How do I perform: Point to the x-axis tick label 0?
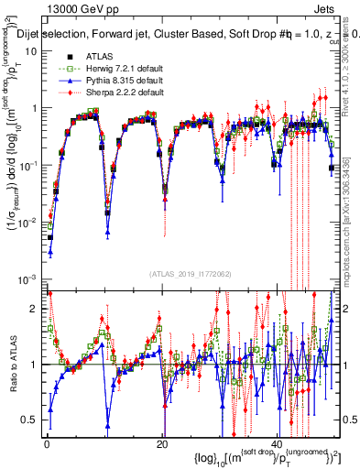[x=47, y=443]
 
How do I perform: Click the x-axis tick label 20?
[x=162, y=443]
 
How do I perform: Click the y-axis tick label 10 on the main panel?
[x=32, y=50]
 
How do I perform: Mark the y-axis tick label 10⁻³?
[x=27, y=278]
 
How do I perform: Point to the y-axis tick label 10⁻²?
[x=27, y=222]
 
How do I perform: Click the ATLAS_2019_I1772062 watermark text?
[x=190, y=274]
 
